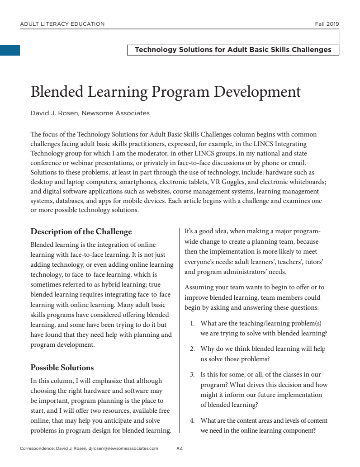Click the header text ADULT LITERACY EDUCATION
click(62, 24)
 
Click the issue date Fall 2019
click(327, 24)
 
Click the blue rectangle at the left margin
click(10, 50)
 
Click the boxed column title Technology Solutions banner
click(233, 50)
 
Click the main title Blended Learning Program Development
click(166, 92)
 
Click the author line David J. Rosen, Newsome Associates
click(90, 113)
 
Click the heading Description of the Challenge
click(81, 232)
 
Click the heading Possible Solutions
click(62, 368)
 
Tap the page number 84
click(180, 448)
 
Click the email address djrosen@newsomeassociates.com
click(123, 448)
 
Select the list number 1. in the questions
click(192, 324)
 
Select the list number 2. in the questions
click(192, 349)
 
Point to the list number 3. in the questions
click(192, 375)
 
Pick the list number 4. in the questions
click(192, 421)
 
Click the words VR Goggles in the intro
click(228, 182)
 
